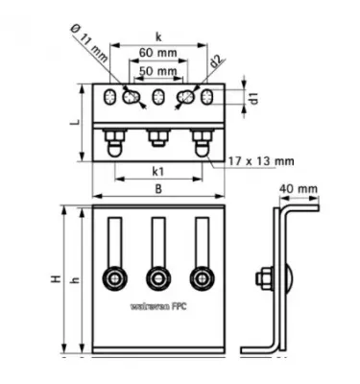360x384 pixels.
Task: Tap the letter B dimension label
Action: [x=159, y=188]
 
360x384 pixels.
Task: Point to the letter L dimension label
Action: [x=73, y=125]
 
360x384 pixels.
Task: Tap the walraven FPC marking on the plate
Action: [x=157, y=310]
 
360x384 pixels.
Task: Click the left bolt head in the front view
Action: [x=114, y=278]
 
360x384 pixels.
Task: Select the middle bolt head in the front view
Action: [x=157, y=278]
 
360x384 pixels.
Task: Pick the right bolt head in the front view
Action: [x=201, y=278]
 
